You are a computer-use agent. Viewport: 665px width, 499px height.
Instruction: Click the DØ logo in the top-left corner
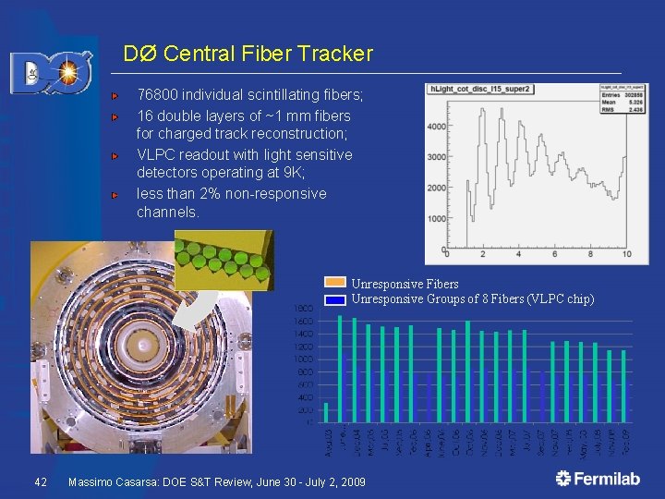click(x=51, y=72)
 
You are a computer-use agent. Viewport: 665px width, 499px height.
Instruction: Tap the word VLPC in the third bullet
click(x=158, y=154)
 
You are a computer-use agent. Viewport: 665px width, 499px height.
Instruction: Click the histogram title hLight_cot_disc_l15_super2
click(x=478, y=89)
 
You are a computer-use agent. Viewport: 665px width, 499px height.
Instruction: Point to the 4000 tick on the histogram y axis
click(x=436, y=127)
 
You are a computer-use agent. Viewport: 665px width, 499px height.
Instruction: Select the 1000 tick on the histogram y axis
click(x=436, y=219)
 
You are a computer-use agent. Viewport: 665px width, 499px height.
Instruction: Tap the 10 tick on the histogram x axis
click(x=627, y=254)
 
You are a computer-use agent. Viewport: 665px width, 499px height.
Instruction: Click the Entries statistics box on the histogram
click(x=598, y=101)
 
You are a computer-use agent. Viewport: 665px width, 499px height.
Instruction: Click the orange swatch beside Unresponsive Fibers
click(x=335, y=284)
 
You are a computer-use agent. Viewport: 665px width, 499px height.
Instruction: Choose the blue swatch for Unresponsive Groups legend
click(x=335, y=298)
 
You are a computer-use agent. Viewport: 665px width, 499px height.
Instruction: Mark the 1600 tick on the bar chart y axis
click(x=303, y=321)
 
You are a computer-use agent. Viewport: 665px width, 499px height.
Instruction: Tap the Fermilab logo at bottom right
click(x=598, y=478)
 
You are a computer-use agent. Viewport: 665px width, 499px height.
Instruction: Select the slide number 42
click(x=40, y=482)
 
